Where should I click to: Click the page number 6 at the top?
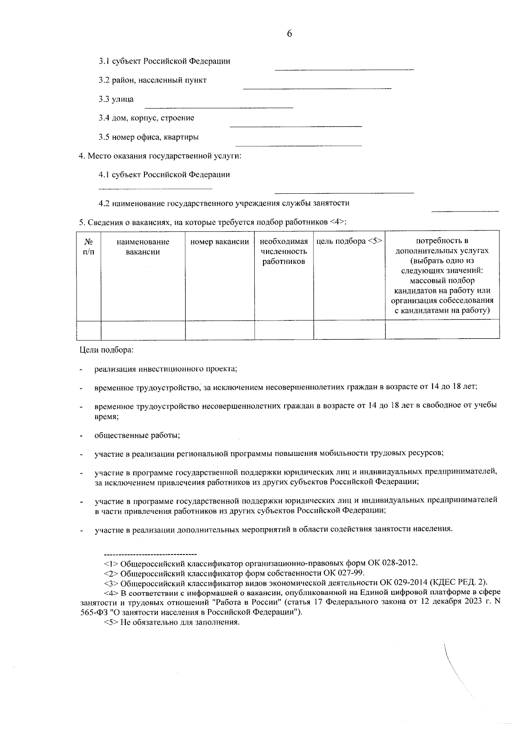289,34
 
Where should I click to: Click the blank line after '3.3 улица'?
218,107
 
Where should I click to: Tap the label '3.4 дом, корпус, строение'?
146,118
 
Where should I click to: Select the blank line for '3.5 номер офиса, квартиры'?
298,145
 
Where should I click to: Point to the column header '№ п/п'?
88,247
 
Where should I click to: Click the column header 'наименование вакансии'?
143,247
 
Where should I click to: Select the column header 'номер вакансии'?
219,242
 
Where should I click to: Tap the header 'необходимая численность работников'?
284,251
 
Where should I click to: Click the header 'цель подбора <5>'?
349,241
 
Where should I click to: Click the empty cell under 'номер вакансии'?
219,330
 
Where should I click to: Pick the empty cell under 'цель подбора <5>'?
349,330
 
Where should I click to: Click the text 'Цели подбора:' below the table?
106,350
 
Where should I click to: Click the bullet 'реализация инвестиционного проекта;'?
166,369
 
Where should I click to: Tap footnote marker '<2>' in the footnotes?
111,574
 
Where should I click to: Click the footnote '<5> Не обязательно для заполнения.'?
172,622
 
